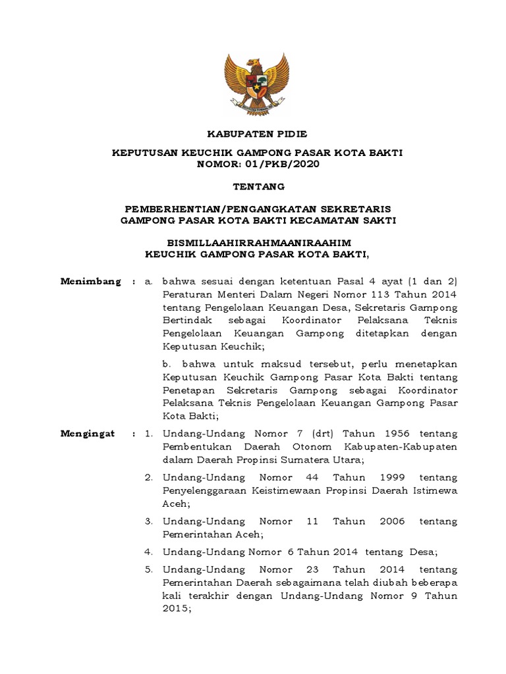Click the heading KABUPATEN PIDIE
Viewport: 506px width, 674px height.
[258, 134]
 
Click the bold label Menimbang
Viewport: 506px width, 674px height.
[91, 282]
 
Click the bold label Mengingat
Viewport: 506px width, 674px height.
[88, 434]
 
